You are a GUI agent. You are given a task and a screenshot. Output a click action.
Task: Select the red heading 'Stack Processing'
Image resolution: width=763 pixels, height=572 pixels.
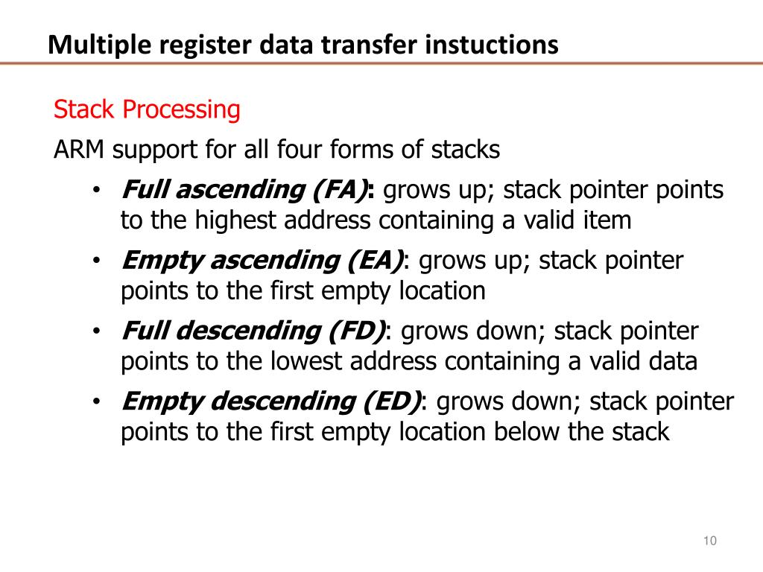(x=147, y=110)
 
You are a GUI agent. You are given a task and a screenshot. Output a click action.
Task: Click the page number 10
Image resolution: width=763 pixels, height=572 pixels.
(x=709, y=541)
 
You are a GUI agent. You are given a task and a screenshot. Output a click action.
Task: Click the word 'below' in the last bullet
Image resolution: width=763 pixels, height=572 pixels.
(x=525, y=432)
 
